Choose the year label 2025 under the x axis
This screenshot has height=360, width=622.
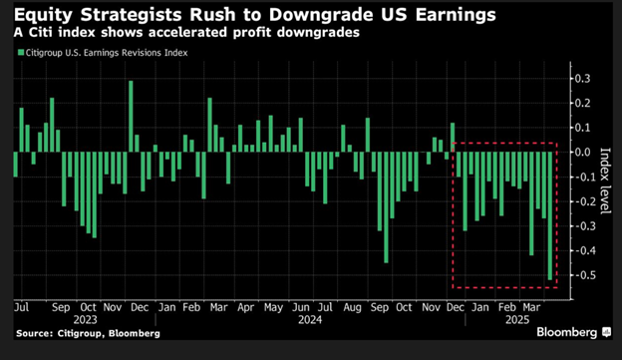tap(515, 321)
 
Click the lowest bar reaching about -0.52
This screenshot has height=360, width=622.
tap(550, 215)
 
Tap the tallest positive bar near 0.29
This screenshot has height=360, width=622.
tap(131, 117)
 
